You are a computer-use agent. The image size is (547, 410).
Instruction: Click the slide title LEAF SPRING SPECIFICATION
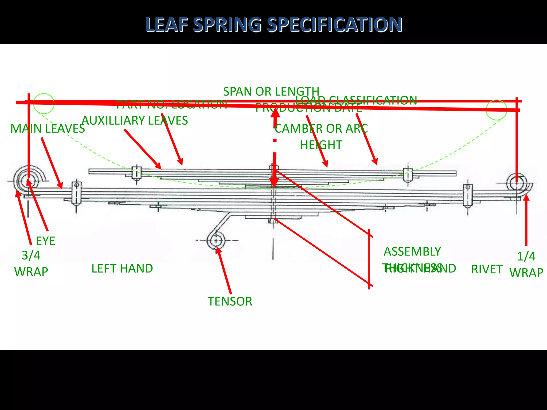pos(273,25)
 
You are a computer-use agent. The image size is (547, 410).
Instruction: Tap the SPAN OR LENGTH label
pos(271,92)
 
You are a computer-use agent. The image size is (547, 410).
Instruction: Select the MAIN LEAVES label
pos(48,129)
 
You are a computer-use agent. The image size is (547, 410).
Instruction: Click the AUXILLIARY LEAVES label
pos(135,120)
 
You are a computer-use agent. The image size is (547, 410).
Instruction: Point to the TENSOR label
pos(230,301)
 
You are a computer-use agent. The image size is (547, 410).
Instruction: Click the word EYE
pos(45,241)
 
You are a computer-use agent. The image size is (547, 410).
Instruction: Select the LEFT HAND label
pos(122,268)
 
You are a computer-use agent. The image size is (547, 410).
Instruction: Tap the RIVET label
pos(487,269)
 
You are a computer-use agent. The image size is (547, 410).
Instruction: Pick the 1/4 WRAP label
pos(526,264)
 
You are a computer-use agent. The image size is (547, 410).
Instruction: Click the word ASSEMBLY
pos(412,251)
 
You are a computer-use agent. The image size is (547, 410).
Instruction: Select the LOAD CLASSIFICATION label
pos(356,100)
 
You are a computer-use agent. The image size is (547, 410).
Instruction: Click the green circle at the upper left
pos(44,104)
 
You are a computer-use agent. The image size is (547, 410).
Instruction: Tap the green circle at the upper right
pos(496,110)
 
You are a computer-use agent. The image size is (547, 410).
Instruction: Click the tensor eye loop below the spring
pos(216,241)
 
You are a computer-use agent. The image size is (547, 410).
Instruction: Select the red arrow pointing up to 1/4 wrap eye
pos(526,222)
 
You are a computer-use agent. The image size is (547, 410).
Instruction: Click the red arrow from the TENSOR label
pos(224,271)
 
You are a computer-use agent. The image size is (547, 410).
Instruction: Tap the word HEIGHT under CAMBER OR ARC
pos(321,145)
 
